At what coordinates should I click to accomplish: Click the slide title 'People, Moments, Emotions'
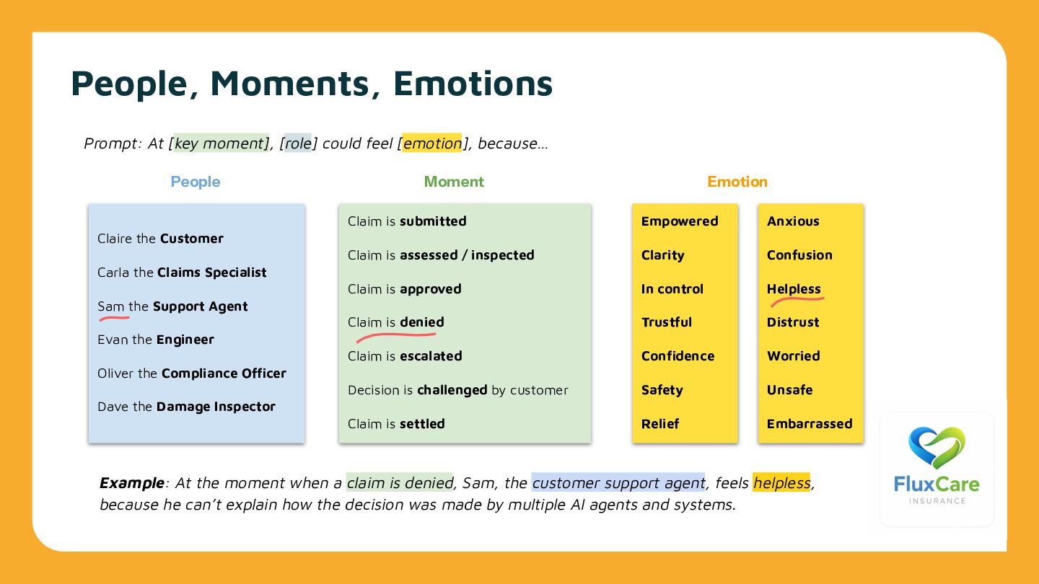(312, 83)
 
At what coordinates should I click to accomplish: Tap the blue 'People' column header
(195, 182)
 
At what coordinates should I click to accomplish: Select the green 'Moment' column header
(454, 182)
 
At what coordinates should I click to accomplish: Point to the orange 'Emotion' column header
(737, 182)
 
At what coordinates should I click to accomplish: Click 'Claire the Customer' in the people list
(160, 239)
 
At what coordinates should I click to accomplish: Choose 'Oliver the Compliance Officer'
(191, 373)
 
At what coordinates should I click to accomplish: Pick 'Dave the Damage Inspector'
(186, 407)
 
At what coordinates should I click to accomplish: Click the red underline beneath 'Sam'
(113, 317)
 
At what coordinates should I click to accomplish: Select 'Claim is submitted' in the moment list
(407, 221)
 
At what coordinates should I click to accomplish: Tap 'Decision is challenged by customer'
(457, 390)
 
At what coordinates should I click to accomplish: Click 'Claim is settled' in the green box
(396, 424)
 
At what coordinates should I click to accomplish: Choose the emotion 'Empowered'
(680, 221)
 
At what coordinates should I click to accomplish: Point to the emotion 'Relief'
(660, 424)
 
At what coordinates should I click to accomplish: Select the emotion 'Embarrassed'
(810, 424)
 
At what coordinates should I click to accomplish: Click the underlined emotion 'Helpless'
(794, 289)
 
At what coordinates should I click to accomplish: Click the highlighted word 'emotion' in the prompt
(432, 143)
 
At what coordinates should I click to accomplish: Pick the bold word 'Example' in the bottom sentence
(132, 483)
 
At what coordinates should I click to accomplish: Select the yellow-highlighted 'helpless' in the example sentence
(781, 483)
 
